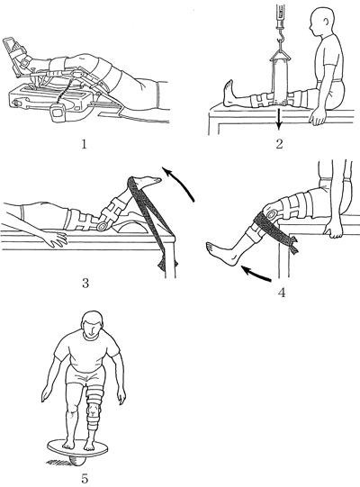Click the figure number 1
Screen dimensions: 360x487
click(84, 144)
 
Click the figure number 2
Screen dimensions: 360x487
click(280, 144)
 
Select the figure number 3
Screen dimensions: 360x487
click(85, 284)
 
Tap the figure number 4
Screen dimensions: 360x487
click(282, 293)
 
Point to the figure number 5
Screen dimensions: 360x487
click(85, 478)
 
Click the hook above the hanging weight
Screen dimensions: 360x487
click(282, 40)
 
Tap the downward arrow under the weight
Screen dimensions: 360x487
click(279, 119)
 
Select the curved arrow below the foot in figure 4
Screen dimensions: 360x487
click(256, 275)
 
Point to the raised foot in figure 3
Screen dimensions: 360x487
click(148, 181)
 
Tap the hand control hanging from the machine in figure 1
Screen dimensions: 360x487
click(58, 113)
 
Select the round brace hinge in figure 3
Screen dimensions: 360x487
click(102, 227)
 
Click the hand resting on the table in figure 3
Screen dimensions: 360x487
click(56, 239)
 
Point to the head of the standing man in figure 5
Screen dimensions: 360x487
click(93, 325)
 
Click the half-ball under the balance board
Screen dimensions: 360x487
click(76, 460)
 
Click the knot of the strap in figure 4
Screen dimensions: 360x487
click(292, 245)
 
